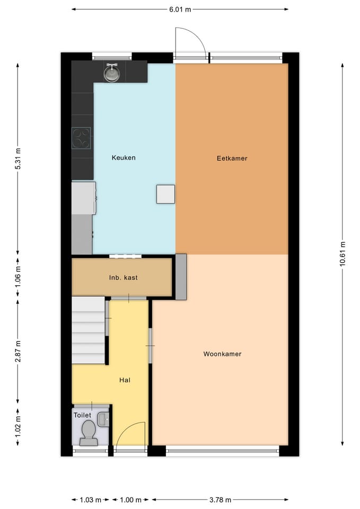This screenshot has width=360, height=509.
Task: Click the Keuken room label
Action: click(124, 158)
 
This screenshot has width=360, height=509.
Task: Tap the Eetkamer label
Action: click(232, 159)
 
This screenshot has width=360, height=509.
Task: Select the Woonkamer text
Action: click(222, 354)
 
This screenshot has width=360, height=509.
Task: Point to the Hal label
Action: click(125, 380)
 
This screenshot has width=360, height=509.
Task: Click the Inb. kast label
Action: click(124, 277)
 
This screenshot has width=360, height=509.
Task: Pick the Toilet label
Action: click(83, 415)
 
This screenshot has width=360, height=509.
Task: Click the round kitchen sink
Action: click(112, 73)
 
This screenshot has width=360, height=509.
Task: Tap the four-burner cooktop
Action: click(81, 138)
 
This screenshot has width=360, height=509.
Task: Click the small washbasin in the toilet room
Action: click(103, 419)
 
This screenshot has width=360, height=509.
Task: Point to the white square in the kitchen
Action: click(165, 194)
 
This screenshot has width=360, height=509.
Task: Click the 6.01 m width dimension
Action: click(180, 10)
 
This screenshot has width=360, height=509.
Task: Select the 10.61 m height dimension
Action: click(343, 254)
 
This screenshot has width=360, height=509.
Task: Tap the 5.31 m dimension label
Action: click(18, 159)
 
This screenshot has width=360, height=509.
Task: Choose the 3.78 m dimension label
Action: click(220, 499)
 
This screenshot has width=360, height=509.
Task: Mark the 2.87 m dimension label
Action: click(18, 352)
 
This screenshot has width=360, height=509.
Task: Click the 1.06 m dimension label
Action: click(18, 276)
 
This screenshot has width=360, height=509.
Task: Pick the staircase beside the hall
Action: click(89, 330)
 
